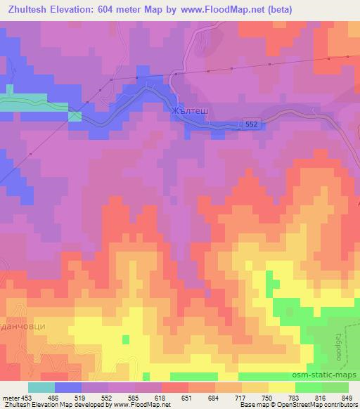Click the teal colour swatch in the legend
pyautogui.click(x=41, y=387)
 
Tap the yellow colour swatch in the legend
pyautogui.click(x=281, y=387)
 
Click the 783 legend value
pyautogui.click(x=292, y=398)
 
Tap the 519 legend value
pyautogui.click(x=82, y=398)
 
